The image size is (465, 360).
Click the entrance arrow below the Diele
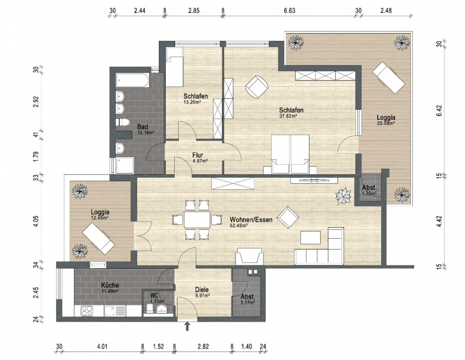(x=187, y=326)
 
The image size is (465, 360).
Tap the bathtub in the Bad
(x=133, y=81)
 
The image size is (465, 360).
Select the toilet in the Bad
(x=122, y=122)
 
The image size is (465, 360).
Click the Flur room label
(x=197, y=155)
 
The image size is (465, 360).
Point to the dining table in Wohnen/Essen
(x=197, y=220)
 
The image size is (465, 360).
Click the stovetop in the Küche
(x=87, y=311)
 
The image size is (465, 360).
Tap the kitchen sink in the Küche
(x=114, y=311)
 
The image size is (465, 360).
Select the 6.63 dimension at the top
(x=289, y=11)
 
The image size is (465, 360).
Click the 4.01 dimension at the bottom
(x=102, y=347)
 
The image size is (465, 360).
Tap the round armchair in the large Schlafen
(x=257, y=87)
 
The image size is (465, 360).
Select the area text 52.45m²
(x=239, y=225)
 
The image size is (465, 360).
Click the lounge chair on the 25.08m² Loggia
(x=389, y=77)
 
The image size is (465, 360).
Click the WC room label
(x=154, y=295)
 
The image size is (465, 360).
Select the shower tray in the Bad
(x=125, y=165)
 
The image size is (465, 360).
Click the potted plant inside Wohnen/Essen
(x=344, y=196)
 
